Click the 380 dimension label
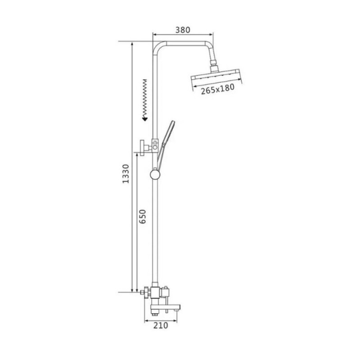(183, 30)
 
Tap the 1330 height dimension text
(126, 174)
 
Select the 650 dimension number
(142, 216)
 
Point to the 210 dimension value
(161, 325)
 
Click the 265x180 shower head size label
(218, 89)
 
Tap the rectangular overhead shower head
(216, 77)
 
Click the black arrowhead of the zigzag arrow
(145, 118)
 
